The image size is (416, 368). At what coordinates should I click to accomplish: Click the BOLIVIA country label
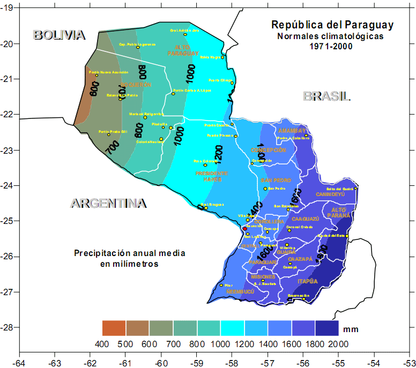(59, 35)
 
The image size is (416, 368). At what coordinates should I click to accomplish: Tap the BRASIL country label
(326, 96)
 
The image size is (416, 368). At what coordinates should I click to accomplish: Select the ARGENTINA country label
(108, 204)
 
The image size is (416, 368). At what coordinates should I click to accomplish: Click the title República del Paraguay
(332, 25)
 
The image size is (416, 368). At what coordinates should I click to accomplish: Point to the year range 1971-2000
(332, 47)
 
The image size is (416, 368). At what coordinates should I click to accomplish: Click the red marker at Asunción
(245, 229)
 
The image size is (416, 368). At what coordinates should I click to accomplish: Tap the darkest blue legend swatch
(327, 328)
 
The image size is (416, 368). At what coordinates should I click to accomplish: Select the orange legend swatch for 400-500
(114, 328)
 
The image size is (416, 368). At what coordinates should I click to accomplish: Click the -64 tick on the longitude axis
(19, 362)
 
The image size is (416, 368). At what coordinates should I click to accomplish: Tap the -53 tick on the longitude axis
(409, 362)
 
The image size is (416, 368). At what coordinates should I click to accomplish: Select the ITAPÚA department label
(308, 281)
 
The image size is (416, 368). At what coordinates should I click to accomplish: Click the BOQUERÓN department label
(136, 85)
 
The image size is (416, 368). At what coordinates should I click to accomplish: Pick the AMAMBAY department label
(292, 131)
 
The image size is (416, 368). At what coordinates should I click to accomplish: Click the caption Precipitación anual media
(130, 253)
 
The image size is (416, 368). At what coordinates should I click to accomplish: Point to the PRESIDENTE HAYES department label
(212, 176)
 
